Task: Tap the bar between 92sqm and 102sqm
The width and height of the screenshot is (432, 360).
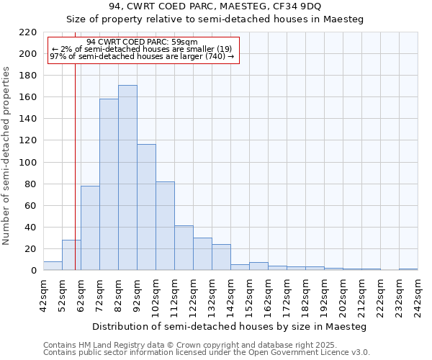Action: [x=146, y=207]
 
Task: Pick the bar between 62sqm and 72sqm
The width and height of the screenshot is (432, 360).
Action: [x=90, y=228]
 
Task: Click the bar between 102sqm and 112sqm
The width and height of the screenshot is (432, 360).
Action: [x=165, y=226]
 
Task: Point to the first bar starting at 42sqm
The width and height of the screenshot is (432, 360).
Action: [x=53, y=266]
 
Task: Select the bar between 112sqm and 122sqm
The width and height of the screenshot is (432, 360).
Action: [x=184, y=248]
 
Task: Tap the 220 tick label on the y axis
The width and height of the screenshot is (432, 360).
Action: [x=28, y=32]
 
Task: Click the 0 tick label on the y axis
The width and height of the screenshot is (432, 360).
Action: [x=34, y=271]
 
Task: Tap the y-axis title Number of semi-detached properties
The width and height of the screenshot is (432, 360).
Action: [x=7, y=156]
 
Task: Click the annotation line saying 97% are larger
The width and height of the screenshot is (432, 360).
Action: [x=142, y=56]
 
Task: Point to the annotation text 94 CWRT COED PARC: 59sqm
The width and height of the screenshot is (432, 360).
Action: [x=142, y=42]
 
